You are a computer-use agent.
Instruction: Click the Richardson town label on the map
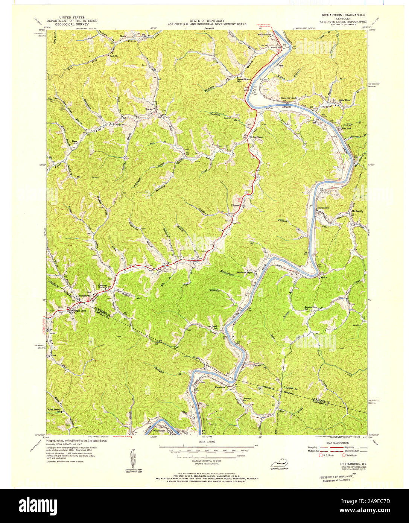click(x=323, y=208)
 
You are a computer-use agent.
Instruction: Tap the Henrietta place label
click(x=210, y=386)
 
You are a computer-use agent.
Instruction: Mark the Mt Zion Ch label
click(x=357, y=211)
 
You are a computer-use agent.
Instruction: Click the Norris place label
click(x=113, y=36)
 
